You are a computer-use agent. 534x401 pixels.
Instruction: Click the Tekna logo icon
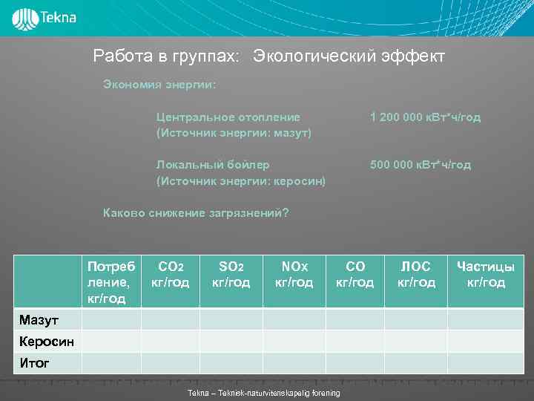click(x=25, y=18)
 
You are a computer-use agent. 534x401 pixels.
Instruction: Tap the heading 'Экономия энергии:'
click(x=159, y=84)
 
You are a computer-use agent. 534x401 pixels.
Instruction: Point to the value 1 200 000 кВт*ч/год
click(x=425, y=117)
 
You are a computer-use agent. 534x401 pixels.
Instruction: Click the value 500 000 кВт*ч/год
click(x=420, y=164)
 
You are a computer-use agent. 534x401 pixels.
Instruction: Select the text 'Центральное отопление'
click(x=228, y=117)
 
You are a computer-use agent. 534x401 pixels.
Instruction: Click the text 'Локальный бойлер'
click(x=213, y=164)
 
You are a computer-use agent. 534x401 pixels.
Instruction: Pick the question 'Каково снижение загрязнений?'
click(x=195, y=213)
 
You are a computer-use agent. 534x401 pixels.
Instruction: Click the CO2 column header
click(x=170, y=274)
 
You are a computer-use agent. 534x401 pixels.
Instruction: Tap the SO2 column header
click(x=231, y=274)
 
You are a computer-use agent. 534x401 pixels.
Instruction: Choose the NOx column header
click(x=294, y=274)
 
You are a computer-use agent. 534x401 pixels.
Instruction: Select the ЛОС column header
click(x=415, y=274)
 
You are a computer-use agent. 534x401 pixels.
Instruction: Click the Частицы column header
click(x=486, y=274)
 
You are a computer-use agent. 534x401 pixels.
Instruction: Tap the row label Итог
click(x=34, y=363)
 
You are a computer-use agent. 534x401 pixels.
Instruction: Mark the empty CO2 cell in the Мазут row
click(x=170, y=320)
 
